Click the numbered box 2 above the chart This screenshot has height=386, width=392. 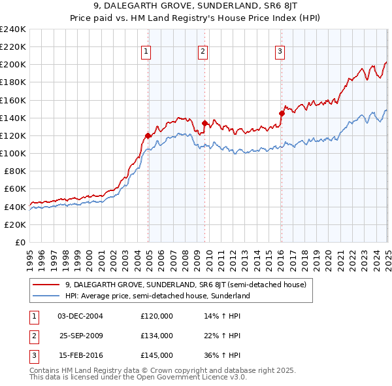coord(203,52)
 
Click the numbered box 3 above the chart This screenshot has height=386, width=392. coord(280,52)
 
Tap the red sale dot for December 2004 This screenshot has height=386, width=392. coord(148,135)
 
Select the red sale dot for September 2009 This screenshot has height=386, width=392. coord(204,123)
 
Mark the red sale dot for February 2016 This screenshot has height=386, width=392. coord(282,113)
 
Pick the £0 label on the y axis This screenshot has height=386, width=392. coord(20,242)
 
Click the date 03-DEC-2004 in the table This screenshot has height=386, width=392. coord(80,316)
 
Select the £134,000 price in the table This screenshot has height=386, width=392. coord(157,336)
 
